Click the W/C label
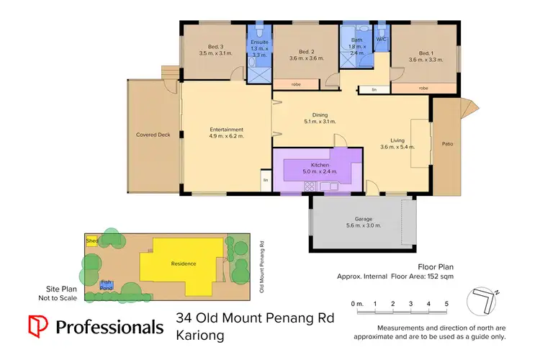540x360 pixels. pos(381,39)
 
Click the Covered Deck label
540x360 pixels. pos(153,135)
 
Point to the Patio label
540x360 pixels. pos(447,143)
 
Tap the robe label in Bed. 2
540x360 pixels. pos(296,85)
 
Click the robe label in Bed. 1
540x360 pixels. pos(423,88)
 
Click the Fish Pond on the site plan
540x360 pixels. pos(107,284)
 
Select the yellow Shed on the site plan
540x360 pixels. pos(92,240)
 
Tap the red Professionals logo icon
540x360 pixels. pos(38,326)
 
